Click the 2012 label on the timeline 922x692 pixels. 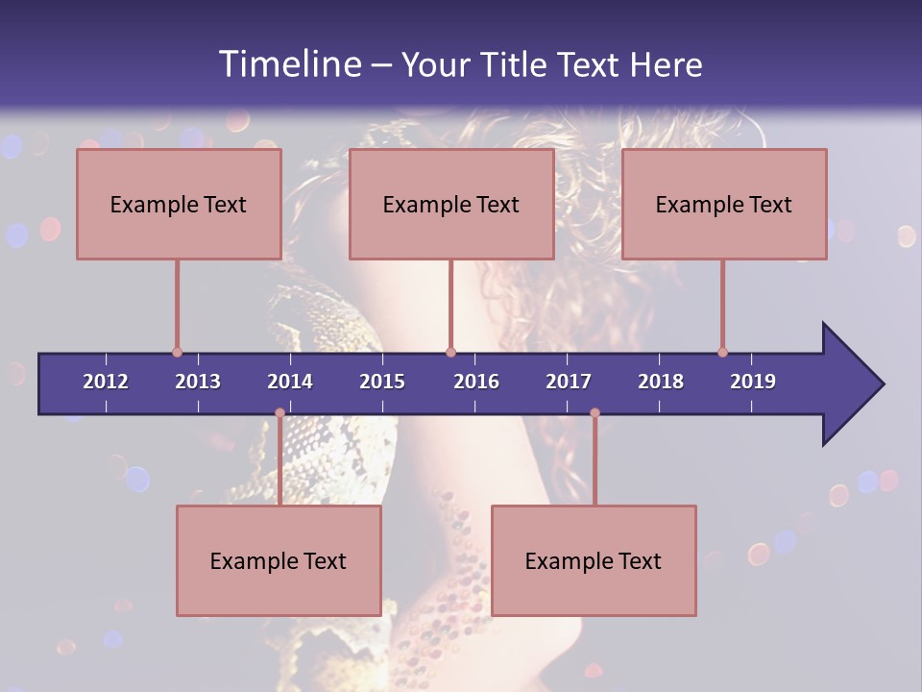click(x=106, y=382)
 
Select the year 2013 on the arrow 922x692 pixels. click(x=198, y=382)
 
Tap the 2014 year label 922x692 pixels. click(x=290, y=382)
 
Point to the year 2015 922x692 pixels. click(x=382, y=382)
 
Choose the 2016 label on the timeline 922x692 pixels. click(x=476, y=382)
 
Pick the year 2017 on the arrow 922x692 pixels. click(x=569, y=382)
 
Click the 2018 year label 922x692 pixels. click(x=661, y=382)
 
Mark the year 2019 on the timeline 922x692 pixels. click(x=753, y=382)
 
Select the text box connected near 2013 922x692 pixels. click(x=179, y=204)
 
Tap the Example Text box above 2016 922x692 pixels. click(x=451, y=204)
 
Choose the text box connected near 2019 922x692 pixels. click(x=724, y=204)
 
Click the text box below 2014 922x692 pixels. click(x=279, y=560)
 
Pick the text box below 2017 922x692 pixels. click(x=594, y=560)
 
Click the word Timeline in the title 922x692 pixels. click(x=289, y=63)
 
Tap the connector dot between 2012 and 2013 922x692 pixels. click(x=177, y=353)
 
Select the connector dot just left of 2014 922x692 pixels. click(x=279, y=413)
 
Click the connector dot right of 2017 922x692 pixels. click(x=594, y=413)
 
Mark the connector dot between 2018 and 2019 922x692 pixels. click(x=722, y=353)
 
